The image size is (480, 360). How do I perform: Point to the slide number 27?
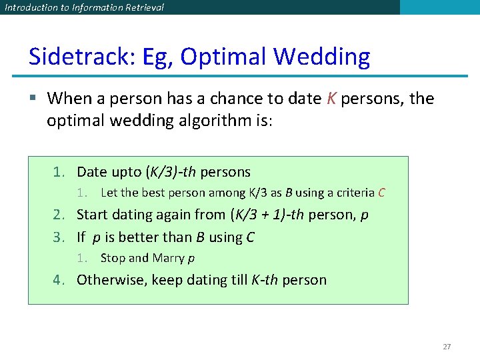[447, 347]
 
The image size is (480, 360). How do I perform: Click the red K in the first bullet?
[332, 99]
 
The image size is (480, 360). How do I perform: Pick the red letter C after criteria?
[381, 193]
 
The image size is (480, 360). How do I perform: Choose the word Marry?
[168, 258]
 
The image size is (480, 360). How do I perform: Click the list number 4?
[59, 279]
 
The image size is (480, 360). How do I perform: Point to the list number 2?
[59, 215]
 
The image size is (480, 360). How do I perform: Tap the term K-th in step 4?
[265, 279]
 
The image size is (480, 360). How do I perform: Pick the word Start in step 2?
[93, 215]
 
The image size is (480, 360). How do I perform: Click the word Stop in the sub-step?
[112, 258]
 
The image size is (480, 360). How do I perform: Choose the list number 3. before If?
[59, 237]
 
